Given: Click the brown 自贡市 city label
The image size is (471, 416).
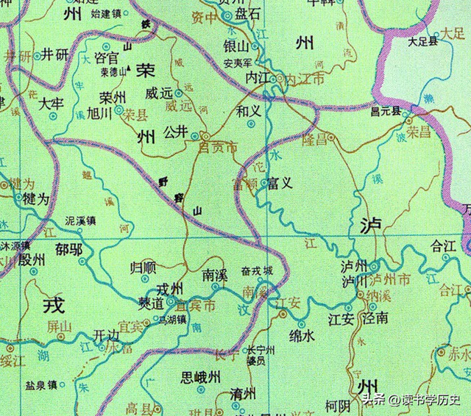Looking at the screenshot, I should (219, 148).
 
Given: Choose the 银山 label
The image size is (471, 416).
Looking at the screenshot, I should (234, 46).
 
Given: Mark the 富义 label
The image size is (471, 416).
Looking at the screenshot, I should (280, 182).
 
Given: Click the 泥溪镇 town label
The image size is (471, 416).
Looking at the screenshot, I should (80, 220).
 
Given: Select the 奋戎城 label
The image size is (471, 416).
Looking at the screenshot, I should (257, 271).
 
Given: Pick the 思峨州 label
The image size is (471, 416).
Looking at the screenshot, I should (200, 378).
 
